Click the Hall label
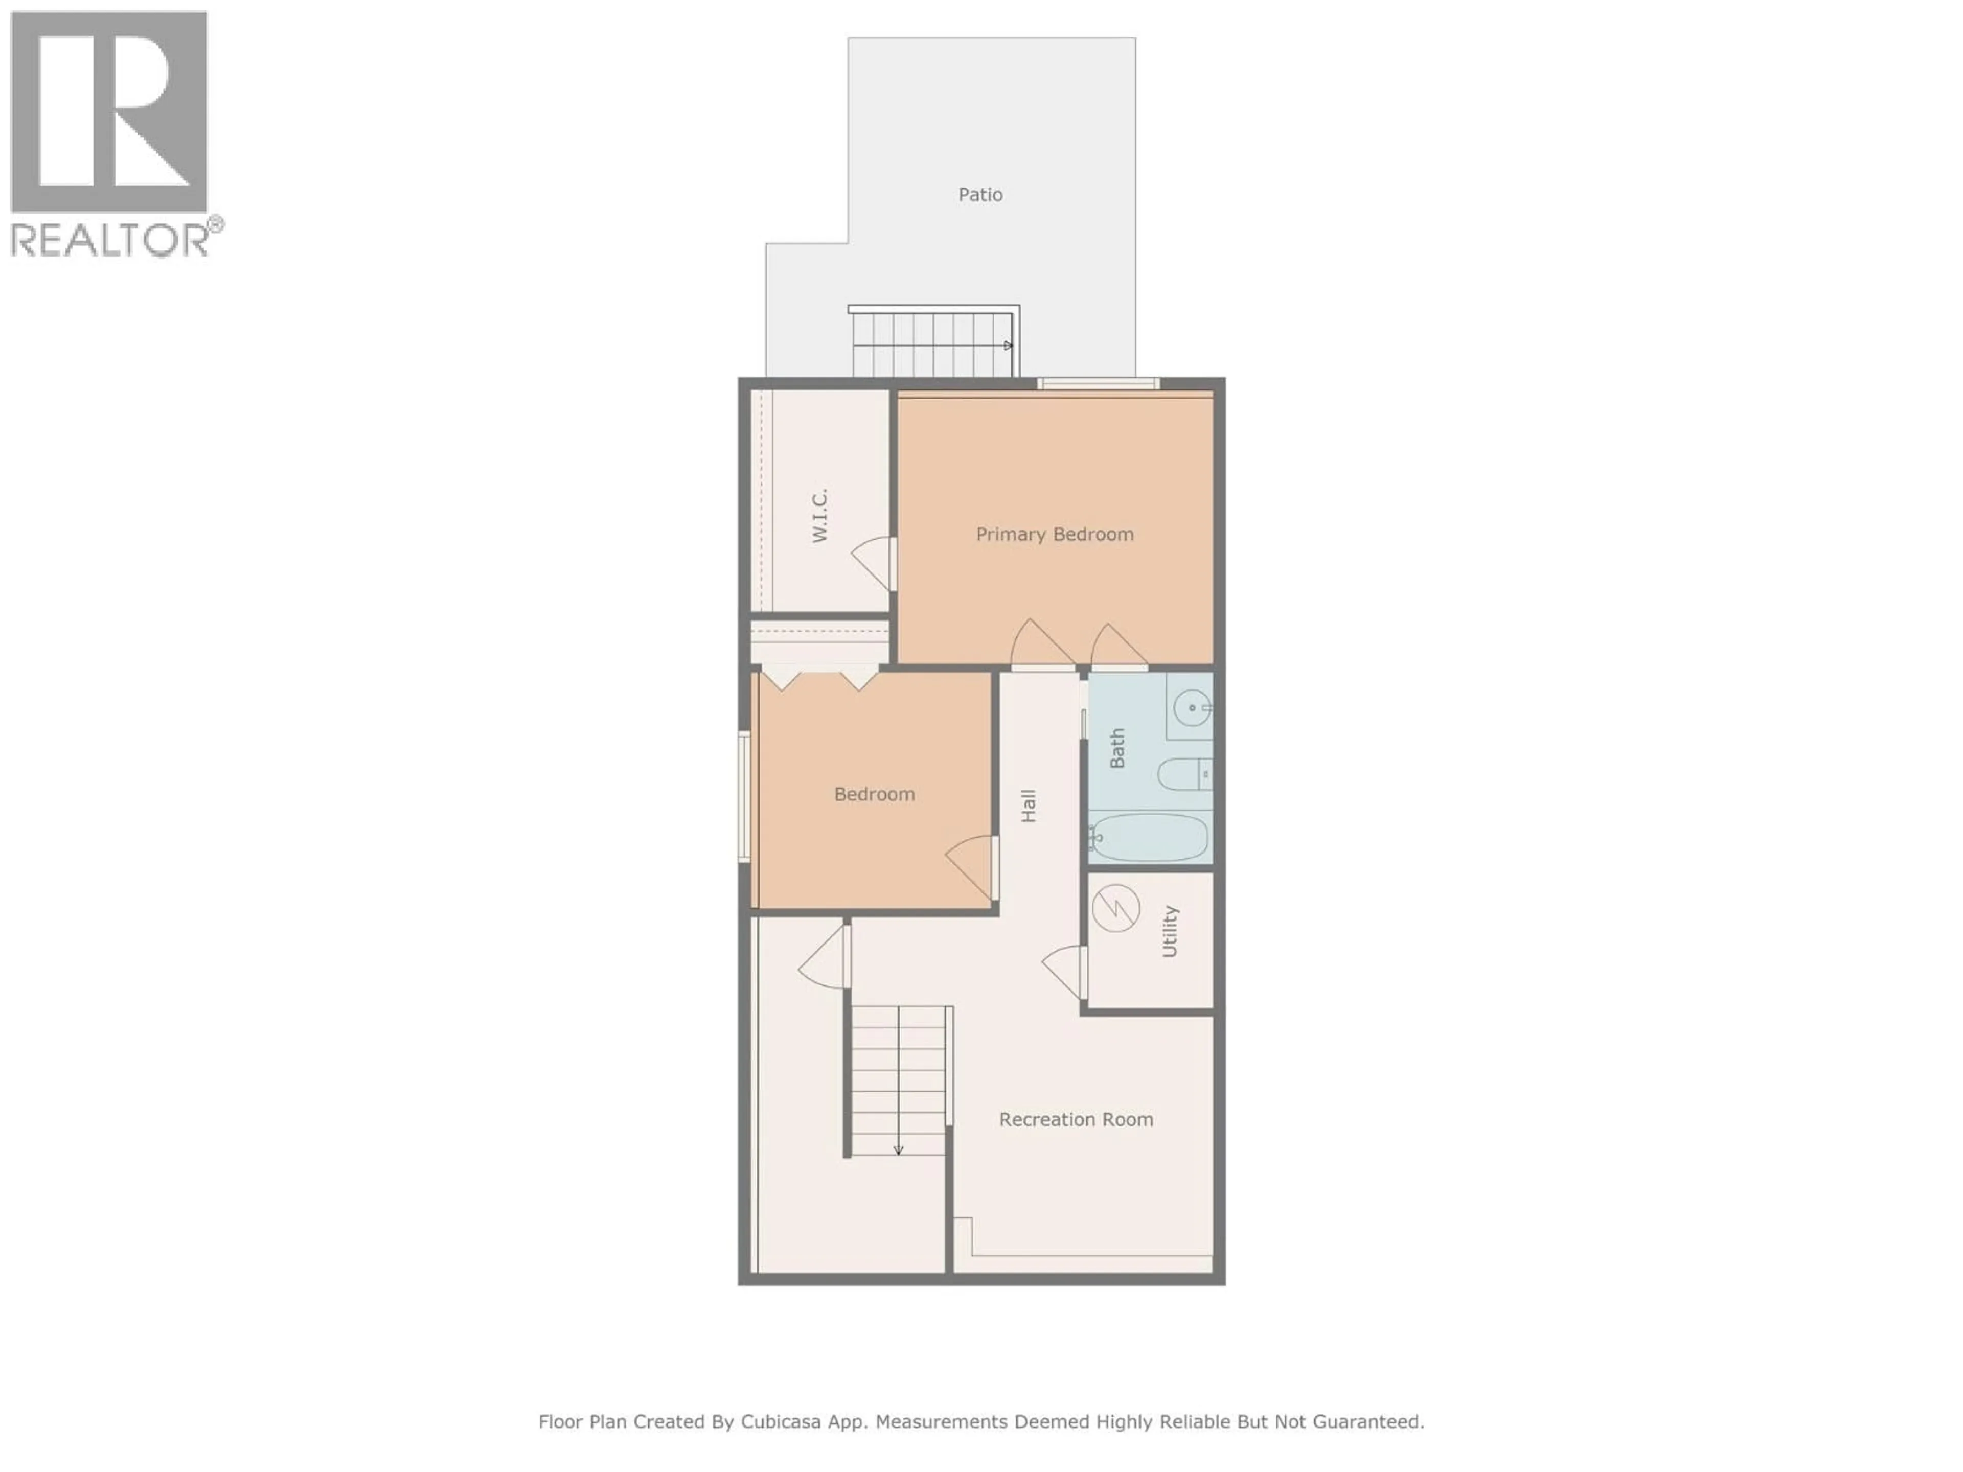tap(1029, 806)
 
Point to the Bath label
tap(1117, 748)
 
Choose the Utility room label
tap(1170, 932)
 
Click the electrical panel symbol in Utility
tap(1115, 909)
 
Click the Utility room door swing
tap(1064, 973)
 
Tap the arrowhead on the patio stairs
tap(1008, 345)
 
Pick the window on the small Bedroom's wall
tap(744, 796)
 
